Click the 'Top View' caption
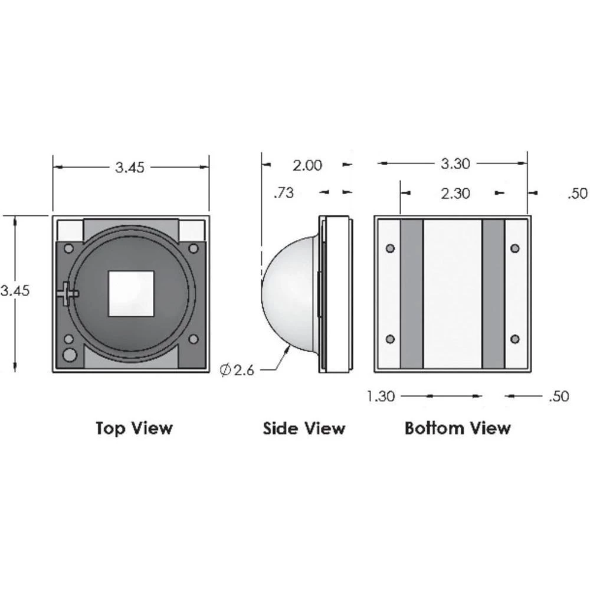tap(135, 428)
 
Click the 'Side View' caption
tap(304, 428)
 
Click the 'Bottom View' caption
tap(457, 428)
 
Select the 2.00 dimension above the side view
tap(308, 165)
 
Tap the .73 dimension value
tap(284, 193)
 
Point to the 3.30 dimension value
tap(455, 163)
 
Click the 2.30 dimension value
tap(455, 193)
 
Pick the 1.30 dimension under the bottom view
tap(381, 396)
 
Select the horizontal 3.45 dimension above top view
tap(130, 168)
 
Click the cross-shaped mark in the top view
tap(67, 292)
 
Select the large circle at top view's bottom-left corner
tap(70, 355)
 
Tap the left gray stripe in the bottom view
tap(411, 293)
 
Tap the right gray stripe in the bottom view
tap(493, 293)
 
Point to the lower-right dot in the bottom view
tap(515, 339)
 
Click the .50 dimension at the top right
tap(578, 194)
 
